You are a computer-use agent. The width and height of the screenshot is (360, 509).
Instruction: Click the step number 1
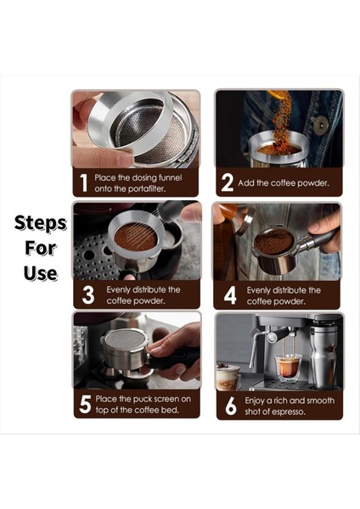point(83,182)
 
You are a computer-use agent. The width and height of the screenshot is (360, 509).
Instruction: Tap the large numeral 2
point(227,182)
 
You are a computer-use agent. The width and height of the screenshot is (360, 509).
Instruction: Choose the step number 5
point(85,405)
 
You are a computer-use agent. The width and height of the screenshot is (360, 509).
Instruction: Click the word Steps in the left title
point(41,224)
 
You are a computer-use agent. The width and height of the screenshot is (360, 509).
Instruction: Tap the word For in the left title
point(41,249)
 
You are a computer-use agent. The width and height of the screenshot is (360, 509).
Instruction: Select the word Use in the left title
point(41,273)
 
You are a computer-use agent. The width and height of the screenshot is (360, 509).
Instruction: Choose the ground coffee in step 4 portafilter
point(273,243)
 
